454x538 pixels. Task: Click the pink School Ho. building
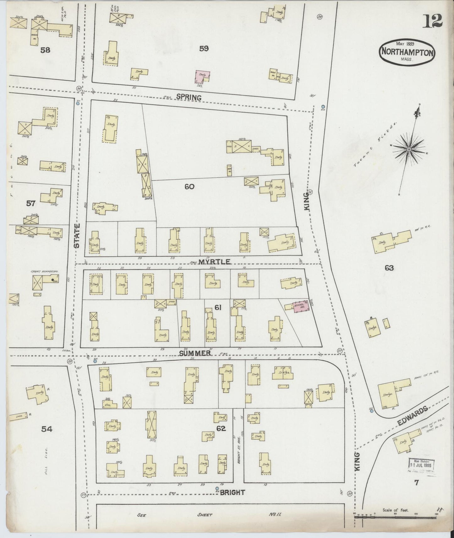click(x=301, y=306)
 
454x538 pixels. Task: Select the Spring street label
click(x=189, y=97)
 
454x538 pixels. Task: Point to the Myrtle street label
click(x=211, y=262)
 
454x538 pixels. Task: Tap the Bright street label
click(x=232, y=492)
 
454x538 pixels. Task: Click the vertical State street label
click(x=77, y=235)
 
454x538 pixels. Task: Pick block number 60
click(x=189, y=187)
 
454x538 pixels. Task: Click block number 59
click(x=204, y=48)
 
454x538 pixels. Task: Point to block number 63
click(x=389, y=268)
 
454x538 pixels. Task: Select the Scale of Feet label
click(x=395, y=510)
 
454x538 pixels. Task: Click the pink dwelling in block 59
click(x=203, y=76)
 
